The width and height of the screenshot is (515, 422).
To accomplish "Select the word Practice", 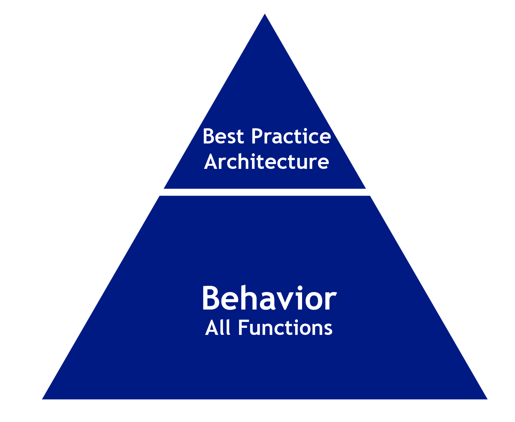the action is click(x=291, y=136).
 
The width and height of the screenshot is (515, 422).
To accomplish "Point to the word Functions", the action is click(x=285, y=328).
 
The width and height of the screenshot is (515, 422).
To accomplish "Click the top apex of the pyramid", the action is click(x=265, y=14).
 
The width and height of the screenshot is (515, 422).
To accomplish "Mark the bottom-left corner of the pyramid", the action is click(x=42, y=399).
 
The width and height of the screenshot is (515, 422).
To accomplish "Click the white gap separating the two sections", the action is click(x=265, y=192).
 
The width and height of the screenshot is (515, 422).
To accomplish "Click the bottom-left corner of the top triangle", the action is click(x=164, y=189).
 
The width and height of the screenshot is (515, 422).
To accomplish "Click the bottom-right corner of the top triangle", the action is click(x=366, y=189).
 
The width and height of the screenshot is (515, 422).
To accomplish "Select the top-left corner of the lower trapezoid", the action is click(x=160, y=196).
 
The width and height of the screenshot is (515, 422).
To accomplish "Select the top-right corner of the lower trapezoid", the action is click(x=370, y=196).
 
